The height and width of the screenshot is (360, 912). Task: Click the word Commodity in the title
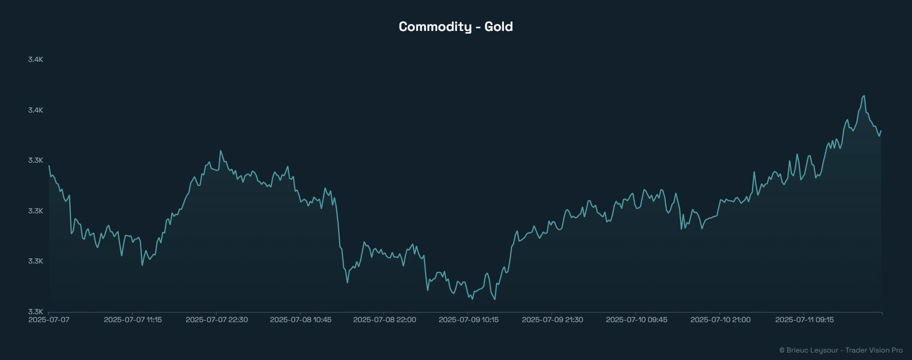pos(435,27)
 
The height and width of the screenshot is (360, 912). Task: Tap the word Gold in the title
pos(499,27)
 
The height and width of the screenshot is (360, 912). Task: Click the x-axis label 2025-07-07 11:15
pos(133,320)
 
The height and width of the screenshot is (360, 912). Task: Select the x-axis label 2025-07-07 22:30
pos(217,320)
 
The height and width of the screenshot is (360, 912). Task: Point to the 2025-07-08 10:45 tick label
pos(301,320)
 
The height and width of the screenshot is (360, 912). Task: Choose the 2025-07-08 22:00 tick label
pos(385,320)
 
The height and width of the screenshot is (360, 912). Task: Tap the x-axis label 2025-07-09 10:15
pos(469,320)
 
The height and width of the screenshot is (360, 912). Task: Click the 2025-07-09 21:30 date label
pos(553,320)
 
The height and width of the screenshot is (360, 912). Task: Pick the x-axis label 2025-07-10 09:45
pos(636,320)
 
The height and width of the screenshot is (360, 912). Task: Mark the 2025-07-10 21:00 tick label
pos(721,320)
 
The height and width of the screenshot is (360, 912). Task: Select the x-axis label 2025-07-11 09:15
pos(804,320)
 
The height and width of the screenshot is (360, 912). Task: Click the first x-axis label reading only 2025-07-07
pos(49,320)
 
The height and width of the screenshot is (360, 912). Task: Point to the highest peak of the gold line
pos(864,96)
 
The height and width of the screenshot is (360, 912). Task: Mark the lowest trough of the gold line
pos(494,299)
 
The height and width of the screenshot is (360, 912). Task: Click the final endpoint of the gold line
pos(881,131)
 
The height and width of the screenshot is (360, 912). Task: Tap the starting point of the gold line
pos(49,166)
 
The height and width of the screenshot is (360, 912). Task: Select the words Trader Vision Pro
pos(874,350)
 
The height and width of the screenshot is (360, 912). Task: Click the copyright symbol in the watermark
pos(782,350)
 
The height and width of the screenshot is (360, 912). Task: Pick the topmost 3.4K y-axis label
pos(36,59)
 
